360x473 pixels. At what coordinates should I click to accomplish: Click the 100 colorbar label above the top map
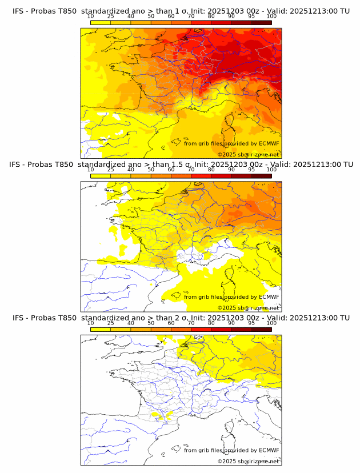click(271, 17)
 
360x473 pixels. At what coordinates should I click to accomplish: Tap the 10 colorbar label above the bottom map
click(91, 323)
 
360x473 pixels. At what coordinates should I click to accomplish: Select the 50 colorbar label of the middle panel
click(151, 170)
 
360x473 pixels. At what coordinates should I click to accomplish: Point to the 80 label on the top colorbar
click(211, 17)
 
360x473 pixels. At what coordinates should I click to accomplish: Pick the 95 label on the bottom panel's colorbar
click(251, 323)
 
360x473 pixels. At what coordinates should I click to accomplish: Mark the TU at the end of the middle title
click(347, 165)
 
